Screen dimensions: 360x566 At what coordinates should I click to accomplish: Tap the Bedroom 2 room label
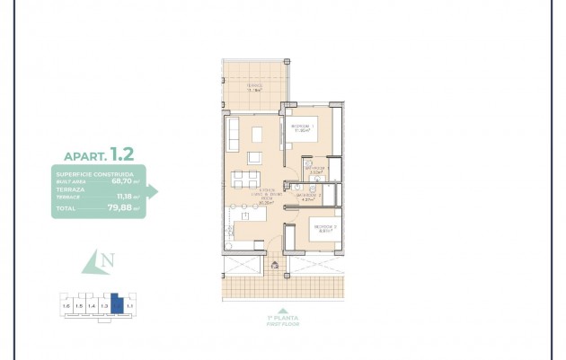tap(324, 228)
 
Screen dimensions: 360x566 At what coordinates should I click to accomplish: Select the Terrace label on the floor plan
tap(254, 87)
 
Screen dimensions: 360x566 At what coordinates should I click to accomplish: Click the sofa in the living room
tap(233, 135)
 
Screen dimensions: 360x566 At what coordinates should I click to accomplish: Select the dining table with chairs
tap(245, 179)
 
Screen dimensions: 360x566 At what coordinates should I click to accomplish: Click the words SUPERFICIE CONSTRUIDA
tap(94, 174)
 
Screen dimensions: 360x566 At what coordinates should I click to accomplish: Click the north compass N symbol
tap(107, 260)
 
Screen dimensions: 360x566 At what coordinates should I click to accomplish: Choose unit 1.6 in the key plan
tap(66, 307)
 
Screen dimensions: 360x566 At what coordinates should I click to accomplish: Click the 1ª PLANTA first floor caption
tap(284, 320)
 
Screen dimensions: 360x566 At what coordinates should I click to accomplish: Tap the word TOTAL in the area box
tap(66, 208)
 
